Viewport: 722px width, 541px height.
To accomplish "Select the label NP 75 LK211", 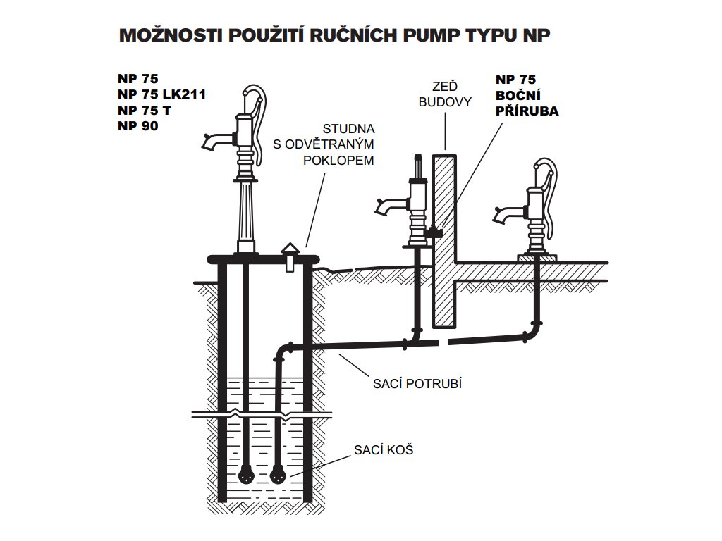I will (162, 94).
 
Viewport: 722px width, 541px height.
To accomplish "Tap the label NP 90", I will (138, 126).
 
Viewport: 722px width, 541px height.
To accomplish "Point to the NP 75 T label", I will (145, 111).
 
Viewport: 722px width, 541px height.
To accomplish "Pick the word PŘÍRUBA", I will (527, 111).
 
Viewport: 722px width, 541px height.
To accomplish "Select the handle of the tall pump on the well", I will (261, 113).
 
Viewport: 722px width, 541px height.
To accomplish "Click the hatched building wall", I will (444, 240).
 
